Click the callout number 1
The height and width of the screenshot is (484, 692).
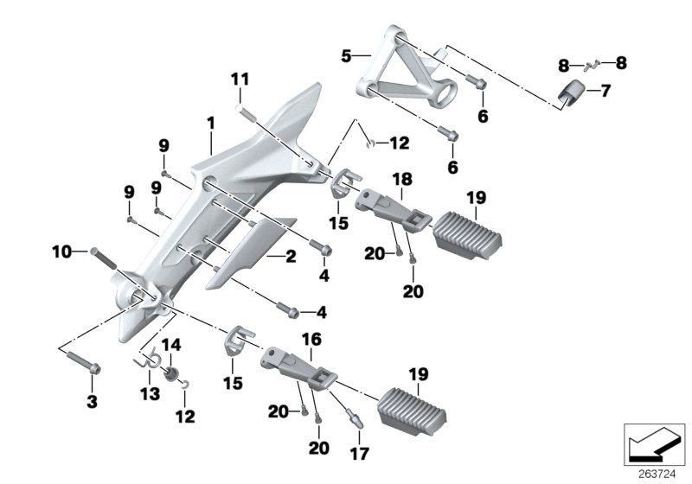click(210, 124)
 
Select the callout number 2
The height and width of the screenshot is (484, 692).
click(291, 257)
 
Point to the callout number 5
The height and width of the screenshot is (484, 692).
click(345, 56)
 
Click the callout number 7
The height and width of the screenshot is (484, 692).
click(605, 90)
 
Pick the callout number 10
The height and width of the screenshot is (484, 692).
click(61, 252)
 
